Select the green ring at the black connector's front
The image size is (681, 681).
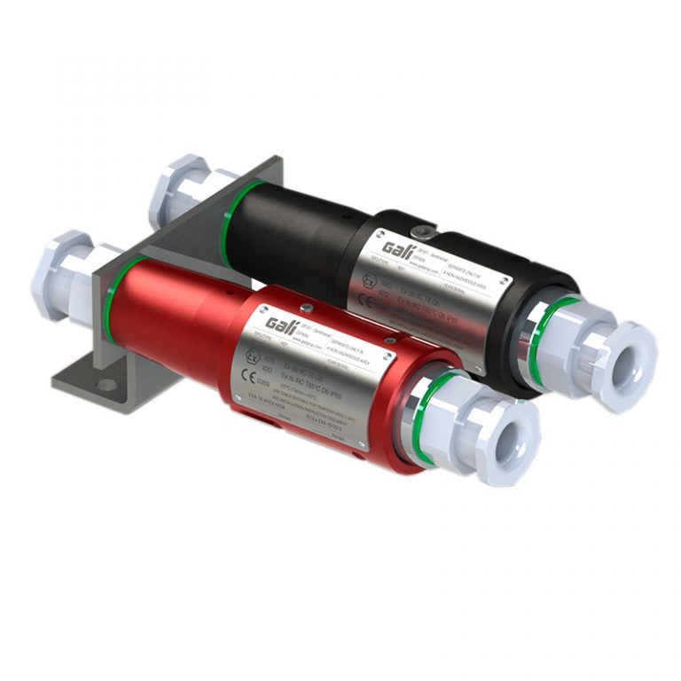[543, 330]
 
